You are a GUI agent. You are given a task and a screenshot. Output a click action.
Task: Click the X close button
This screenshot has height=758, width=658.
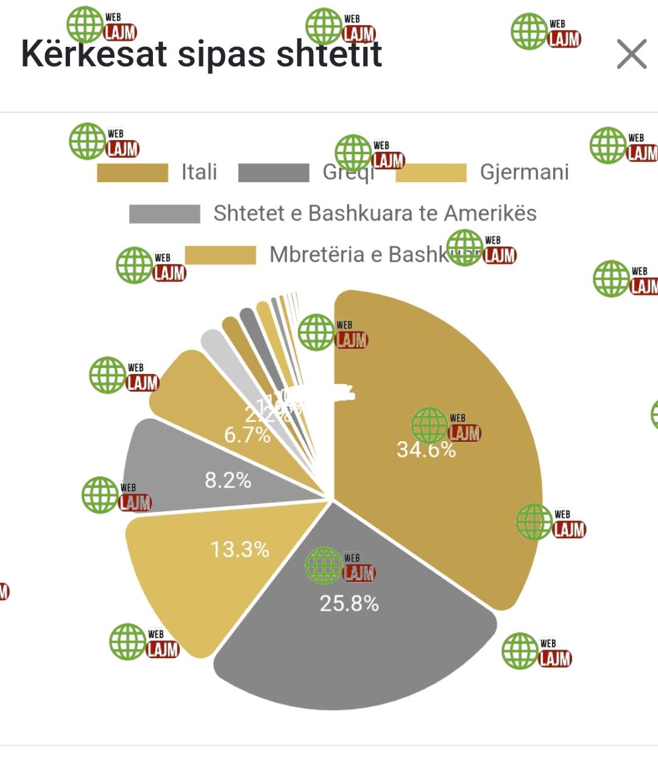pos(631,55)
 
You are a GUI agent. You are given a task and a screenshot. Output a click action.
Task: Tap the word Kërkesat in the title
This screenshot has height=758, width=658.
pos(94,54)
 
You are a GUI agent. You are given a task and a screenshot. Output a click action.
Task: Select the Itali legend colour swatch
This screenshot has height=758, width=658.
pos(132,172)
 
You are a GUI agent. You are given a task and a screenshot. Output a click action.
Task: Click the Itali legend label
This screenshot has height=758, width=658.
pos(199,172)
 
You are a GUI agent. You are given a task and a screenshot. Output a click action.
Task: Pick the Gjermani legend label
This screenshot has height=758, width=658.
pos(525,172)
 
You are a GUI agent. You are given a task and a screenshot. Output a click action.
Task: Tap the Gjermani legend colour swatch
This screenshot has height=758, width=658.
pos(431,172)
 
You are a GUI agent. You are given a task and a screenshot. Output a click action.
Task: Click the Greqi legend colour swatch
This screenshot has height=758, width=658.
pos(274,172)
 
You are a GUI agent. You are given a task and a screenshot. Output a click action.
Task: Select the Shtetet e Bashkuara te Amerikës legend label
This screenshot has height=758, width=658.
pos(375,213)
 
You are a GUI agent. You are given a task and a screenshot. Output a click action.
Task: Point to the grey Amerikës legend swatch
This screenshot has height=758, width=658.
pos(164,214)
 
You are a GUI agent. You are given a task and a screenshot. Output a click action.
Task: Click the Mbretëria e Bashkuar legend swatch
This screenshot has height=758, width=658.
pos(221,255)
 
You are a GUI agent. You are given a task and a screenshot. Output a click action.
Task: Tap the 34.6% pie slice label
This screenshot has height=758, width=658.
pos(426,450)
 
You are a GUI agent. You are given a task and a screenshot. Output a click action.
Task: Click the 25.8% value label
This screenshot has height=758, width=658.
pos(349,604)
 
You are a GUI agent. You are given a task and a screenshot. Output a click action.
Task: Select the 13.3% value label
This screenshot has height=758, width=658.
pos(239,550)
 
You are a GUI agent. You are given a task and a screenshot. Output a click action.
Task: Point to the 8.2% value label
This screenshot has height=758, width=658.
pos(228,480)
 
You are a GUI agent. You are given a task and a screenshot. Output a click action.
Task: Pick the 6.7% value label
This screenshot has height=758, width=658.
pos(247,435)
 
